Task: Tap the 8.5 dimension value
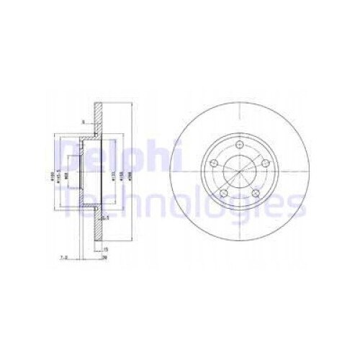coord(104,217)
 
